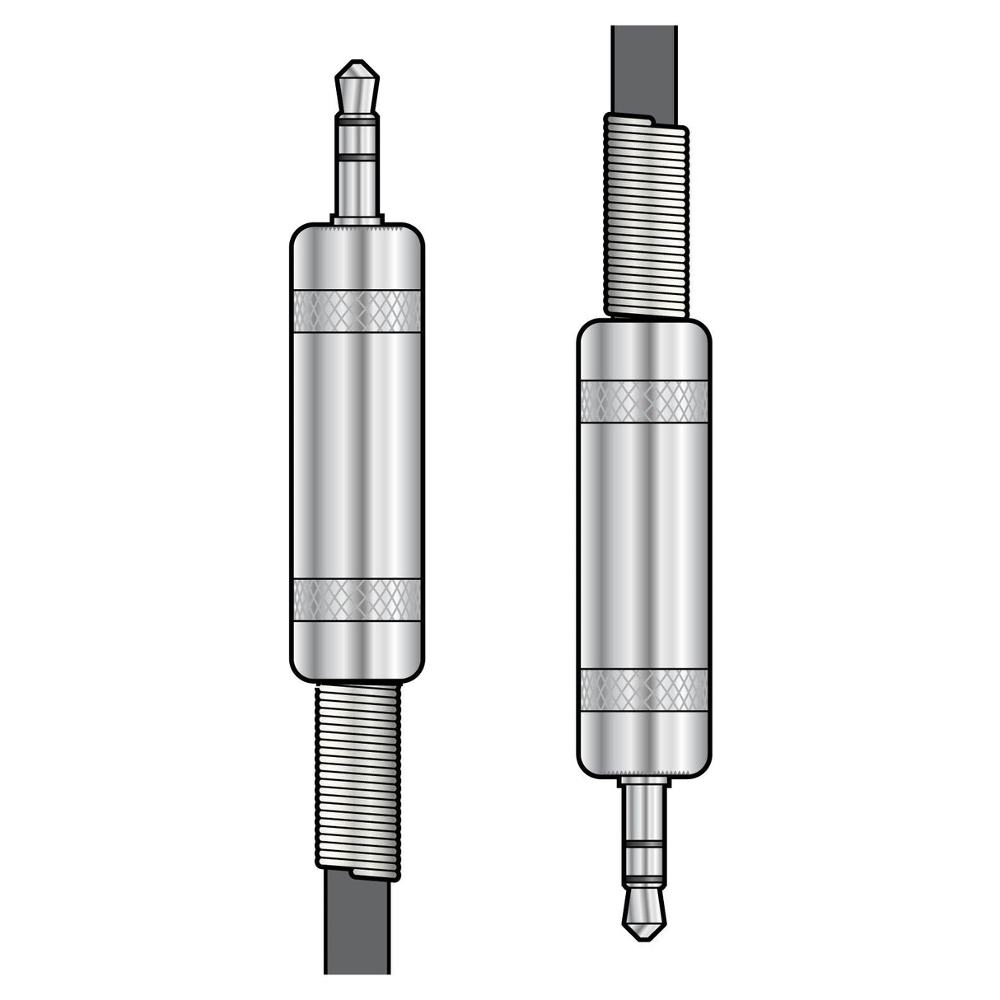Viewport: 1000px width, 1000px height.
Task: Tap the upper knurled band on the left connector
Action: click(357, 311)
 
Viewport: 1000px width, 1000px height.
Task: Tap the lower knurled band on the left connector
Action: click(357, 599)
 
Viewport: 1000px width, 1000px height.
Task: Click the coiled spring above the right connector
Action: click(645, 214)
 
